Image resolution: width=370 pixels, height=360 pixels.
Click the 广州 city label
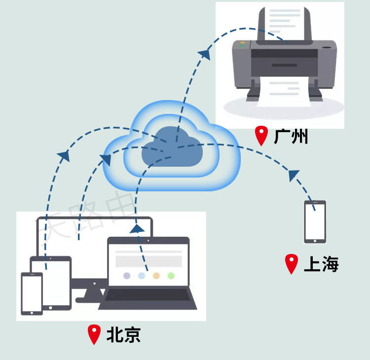291,136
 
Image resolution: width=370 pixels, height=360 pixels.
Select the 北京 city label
123,335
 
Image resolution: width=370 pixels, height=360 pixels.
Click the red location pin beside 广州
261,135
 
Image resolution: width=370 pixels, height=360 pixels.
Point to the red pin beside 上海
292,263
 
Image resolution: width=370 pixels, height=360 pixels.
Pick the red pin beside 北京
94,334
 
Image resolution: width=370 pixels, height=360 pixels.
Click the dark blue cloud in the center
172,147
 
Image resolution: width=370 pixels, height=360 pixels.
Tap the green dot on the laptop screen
171,276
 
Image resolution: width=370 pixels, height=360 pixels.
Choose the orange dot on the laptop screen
156,276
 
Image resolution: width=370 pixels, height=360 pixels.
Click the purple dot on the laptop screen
127,276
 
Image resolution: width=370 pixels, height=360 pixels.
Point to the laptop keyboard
148,294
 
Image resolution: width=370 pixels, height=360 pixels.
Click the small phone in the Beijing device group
32,293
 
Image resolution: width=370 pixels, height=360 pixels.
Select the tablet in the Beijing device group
51,282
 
